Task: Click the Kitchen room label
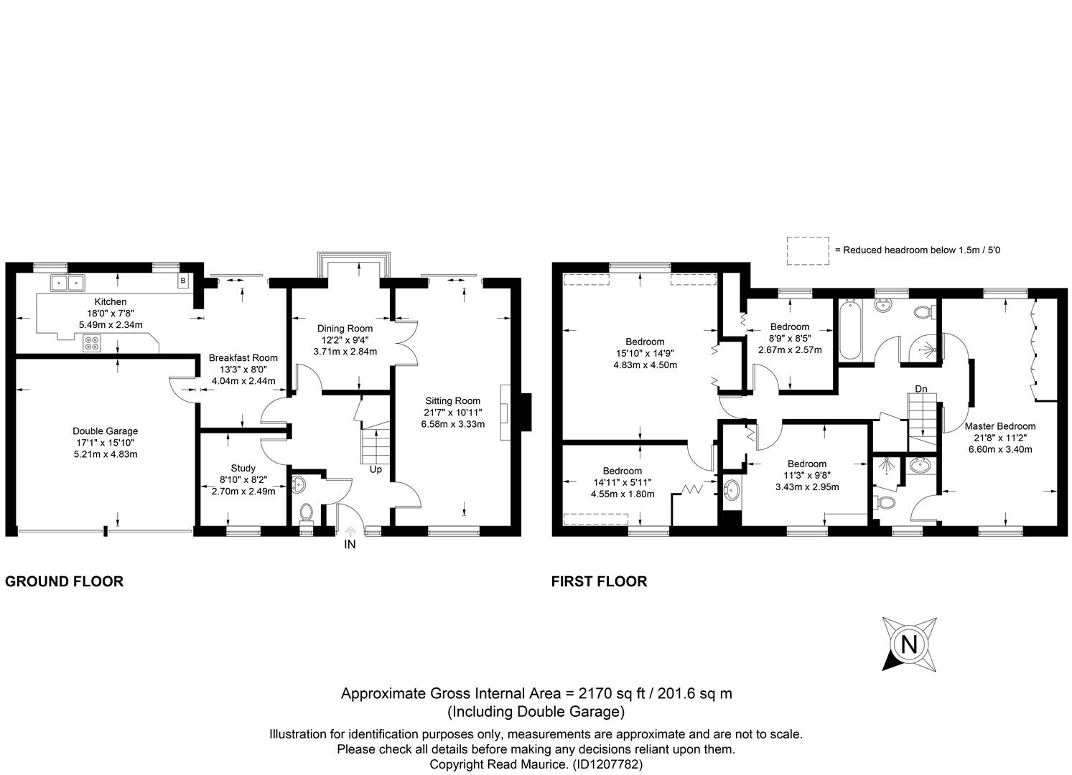(x=111, y=302)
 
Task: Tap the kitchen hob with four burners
(x=91, y=343)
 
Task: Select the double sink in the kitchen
(x=67, y=283)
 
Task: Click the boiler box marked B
(x=183, y=281)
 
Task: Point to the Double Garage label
(x=106, y=431)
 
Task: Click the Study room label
(x=243, y=469)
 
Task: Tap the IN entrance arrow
(x=350, y=530)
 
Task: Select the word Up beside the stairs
(x=376, y=470)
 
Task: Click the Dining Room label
(x=345, y=329)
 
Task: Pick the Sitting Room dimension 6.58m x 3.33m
(x=453, y=424)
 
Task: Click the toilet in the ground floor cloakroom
(x=307, y=513)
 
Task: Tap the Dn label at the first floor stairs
(x=921, y=389)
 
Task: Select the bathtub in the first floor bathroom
(x=850, y=329)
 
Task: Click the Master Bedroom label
(x=999, y=426)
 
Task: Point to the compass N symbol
(x=909, y=644)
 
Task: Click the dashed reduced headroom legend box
(x=808, y=250)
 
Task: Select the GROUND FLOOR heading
(x=64, y=581)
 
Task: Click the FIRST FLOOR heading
(x=599, y=581)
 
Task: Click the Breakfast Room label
(x=243, y=358)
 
